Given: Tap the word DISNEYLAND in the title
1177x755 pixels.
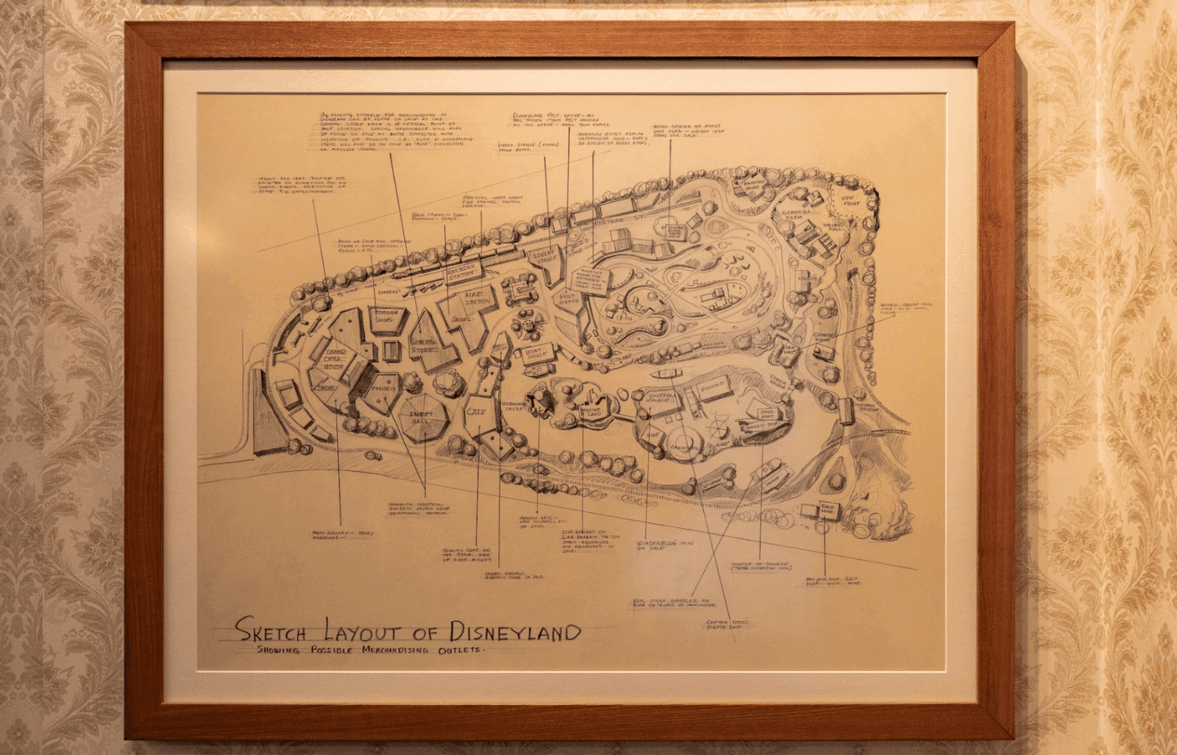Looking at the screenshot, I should [x=515, y=631].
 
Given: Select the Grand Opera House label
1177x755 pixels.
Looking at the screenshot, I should [x=334, y=358].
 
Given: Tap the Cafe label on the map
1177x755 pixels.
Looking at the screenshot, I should [x=476, y=411].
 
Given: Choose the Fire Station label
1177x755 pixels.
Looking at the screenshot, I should [x=477, y=297].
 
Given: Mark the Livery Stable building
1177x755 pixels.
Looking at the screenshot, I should [x=545, y=257].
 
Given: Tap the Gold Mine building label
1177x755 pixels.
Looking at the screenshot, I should [x=828, y=509].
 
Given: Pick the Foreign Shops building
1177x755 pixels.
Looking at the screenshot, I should [x=386, y=317].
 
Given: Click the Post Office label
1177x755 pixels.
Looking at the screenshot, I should [x=569, y=299].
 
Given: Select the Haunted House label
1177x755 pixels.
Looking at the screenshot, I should [x=753, y=187].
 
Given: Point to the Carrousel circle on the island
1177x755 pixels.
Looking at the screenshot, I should [x=684, y=447].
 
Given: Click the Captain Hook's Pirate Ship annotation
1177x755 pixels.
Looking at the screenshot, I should [x=727, y=624].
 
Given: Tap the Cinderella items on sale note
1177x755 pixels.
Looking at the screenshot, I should [x=664, y=545].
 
